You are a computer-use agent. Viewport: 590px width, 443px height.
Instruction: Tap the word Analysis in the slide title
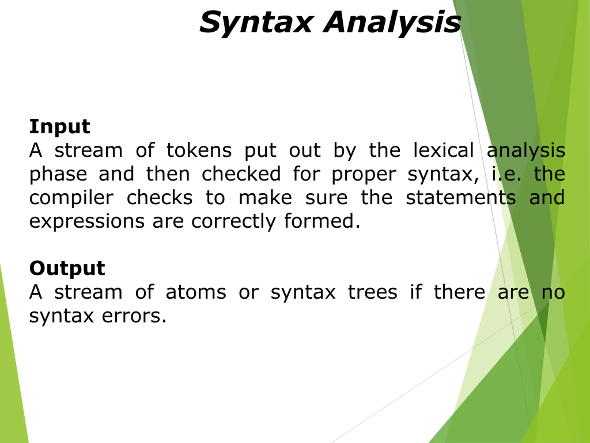point(392,23)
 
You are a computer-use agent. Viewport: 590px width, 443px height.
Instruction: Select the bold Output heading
point(67,268)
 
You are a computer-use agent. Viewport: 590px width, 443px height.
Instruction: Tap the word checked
point(241,174)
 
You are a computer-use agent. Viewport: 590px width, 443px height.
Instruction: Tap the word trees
point(373,292)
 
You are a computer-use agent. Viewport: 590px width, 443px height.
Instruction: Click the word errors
point(134,316)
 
